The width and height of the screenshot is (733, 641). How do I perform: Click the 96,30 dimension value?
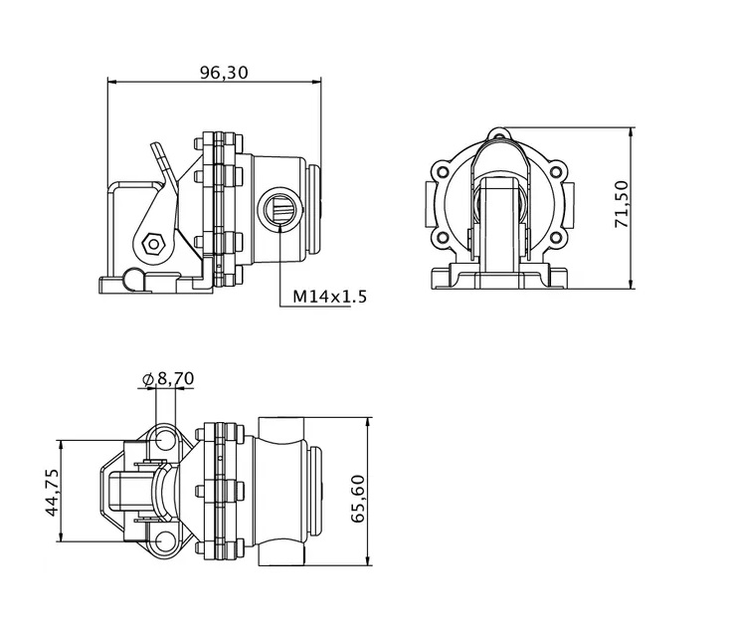coord(224,73)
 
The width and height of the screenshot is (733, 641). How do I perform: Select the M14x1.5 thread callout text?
coord(329,297)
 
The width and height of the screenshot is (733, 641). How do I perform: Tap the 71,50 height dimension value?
coord(622,204)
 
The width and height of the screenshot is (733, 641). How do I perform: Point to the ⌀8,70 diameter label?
coord(168,378)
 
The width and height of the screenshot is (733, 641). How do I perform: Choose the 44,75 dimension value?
coord(52,493)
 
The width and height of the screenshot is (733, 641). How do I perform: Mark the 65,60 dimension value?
coord(359,499)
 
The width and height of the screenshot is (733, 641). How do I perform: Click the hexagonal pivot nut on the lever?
coord(153,244)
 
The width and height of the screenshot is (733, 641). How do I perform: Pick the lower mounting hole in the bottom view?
coord(164,541)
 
